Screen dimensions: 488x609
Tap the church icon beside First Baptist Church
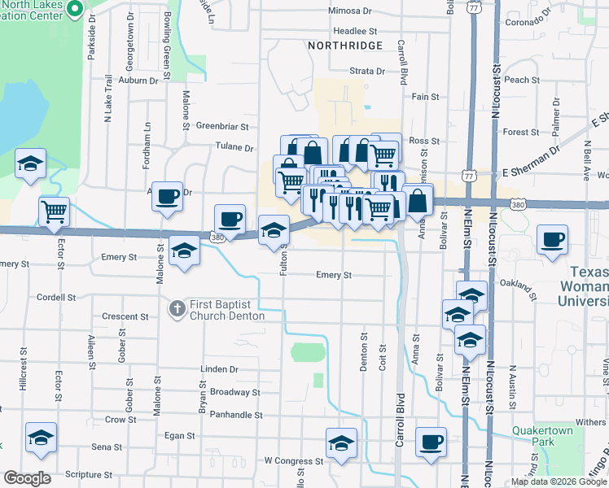[x=177, y=308]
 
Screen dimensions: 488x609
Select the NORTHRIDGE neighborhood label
[x=345, y=46]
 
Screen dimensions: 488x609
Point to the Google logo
[x=27, y=478]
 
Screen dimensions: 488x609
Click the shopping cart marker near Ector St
[x=54, y=211]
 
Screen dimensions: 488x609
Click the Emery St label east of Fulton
[x=334, y=275]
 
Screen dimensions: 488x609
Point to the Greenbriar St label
[x=221, y=126]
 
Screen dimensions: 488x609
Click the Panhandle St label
[x=235, y=415]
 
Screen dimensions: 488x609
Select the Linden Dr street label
[x=219, y=368]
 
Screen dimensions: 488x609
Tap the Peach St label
[x=516, y=80]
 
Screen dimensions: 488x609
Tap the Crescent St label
[x=125, y=316]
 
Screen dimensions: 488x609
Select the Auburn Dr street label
[x=138, y=81]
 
